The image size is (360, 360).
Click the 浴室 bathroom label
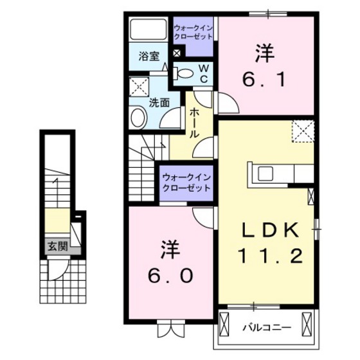[149, 57]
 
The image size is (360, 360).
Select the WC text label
[201, 73]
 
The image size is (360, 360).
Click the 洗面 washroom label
[159, 102]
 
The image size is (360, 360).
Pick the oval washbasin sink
[138, 118]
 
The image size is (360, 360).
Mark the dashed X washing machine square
[138, 85]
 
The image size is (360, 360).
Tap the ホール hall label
[194, 122]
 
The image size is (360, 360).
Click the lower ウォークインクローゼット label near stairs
[186, 183]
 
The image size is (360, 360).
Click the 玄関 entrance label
[53, 244]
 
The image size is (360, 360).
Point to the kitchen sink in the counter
[265, 174]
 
